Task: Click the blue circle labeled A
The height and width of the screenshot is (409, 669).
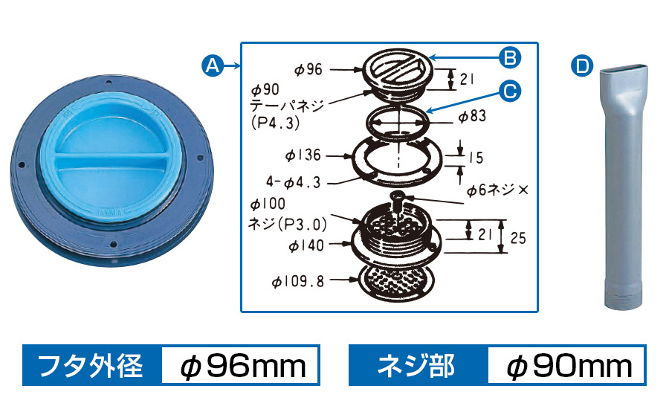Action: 213,65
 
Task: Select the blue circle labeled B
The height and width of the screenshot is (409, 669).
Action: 510,57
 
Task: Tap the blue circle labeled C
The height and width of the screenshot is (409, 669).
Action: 510,91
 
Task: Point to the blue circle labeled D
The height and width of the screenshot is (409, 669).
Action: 582,65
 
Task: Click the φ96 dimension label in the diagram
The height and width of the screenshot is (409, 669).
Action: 308,69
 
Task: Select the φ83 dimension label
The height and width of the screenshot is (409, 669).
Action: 472,116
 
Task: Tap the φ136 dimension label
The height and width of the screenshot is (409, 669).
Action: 303,155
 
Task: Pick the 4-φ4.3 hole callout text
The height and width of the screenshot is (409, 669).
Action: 293,182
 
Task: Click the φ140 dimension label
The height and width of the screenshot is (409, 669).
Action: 306,245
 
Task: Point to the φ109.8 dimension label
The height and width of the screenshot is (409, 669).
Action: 298,281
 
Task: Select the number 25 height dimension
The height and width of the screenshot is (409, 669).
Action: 518,238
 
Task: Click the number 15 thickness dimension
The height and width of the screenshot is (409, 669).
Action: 476,158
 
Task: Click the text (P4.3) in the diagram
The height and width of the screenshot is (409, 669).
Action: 276,123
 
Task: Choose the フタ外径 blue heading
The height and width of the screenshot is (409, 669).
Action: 91,366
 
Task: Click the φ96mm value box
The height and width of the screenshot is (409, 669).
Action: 241,366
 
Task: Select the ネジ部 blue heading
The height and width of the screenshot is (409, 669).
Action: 416,366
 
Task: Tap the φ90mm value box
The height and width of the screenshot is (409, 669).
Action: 566,366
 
